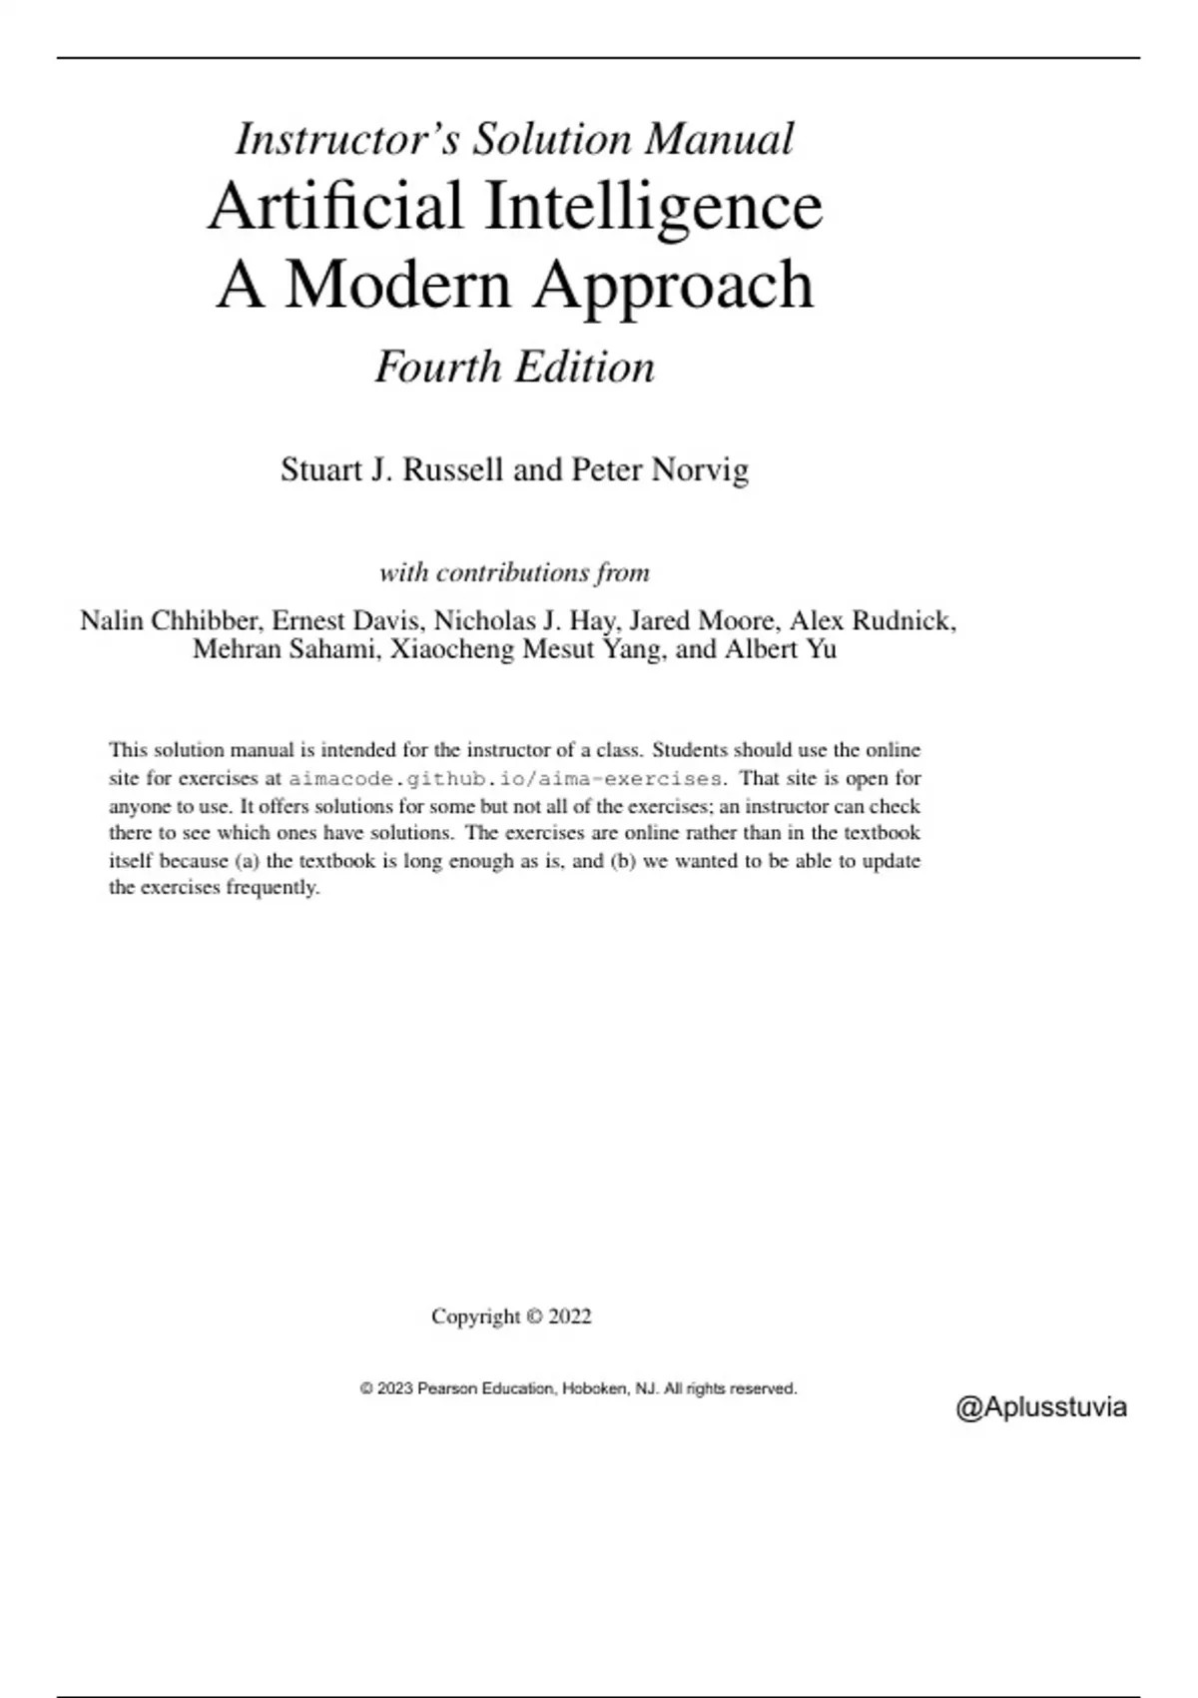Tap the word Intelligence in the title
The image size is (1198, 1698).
tap(654, 207)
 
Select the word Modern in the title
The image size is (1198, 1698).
tap(398, 286)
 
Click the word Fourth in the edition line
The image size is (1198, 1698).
tap(437, 368)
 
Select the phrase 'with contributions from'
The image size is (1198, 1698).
tap(514, 573)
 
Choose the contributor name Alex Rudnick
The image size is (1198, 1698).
tap(872, 621)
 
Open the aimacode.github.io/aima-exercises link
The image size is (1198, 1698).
tap(505, 778)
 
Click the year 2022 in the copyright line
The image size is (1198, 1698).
tap(570, 1316)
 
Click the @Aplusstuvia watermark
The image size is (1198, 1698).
tap(1041, 1407)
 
